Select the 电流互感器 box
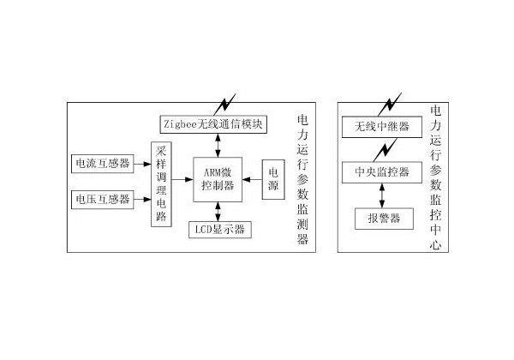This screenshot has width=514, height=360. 103,162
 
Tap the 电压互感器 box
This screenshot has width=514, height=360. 103,199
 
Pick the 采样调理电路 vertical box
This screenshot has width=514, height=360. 160,182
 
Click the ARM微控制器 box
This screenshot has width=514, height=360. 218,179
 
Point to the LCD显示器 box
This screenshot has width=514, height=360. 220,230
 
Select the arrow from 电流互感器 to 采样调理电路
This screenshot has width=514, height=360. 142,162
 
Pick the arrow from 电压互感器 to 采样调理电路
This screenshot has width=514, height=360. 142,199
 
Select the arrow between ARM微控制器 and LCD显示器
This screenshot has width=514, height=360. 220,211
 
